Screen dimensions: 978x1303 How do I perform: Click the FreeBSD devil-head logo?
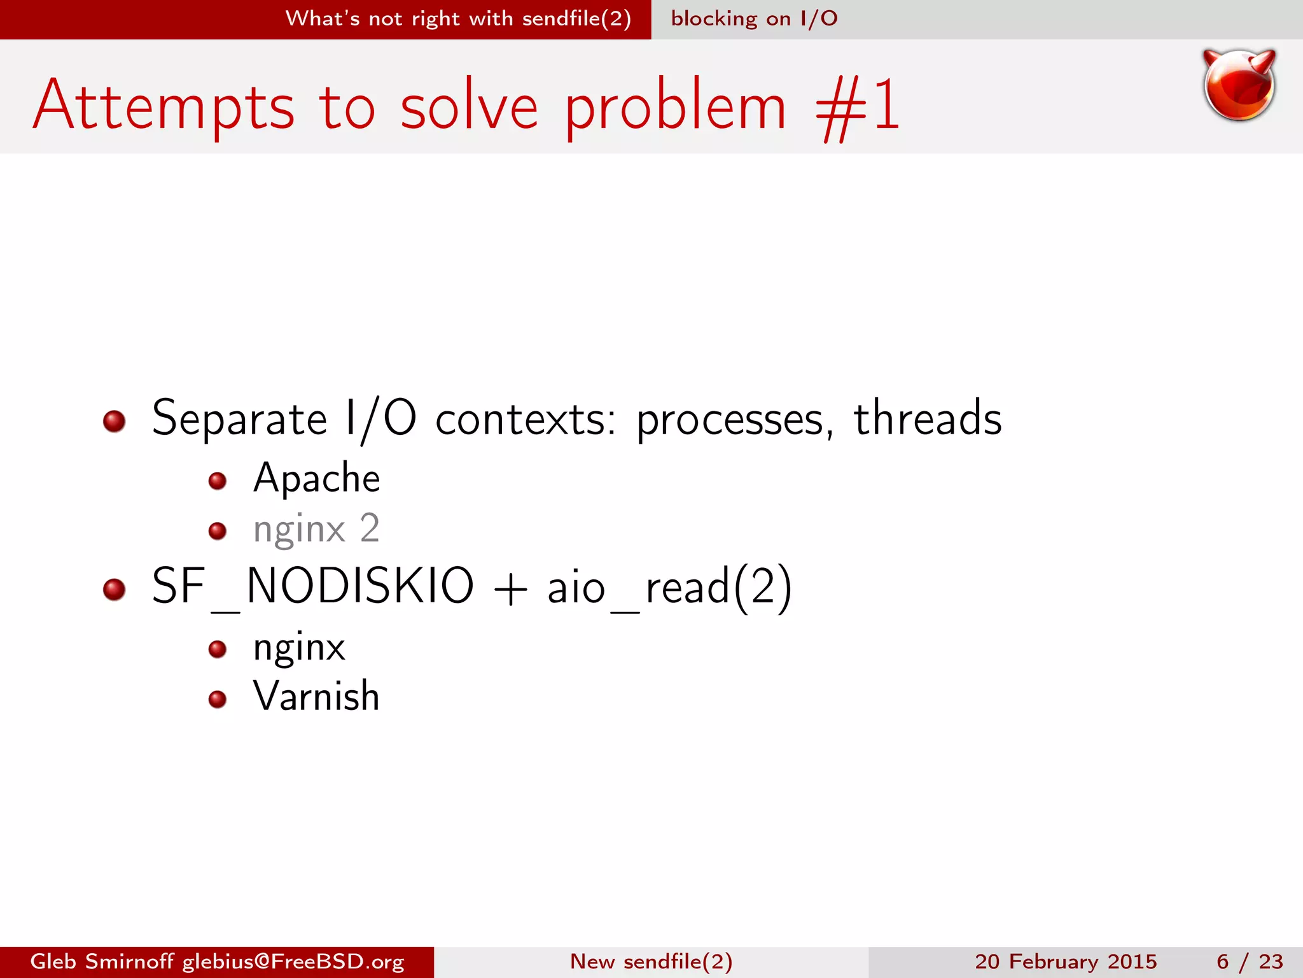click(x=1239, y=85)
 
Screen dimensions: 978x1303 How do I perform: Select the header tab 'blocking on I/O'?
click(x=754, y=19)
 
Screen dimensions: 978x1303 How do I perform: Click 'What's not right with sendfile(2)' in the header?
click(x=458, y=19)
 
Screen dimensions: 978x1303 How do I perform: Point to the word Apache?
click(x=316, y=478)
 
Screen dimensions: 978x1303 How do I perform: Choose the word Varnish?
click(x=316, y=696)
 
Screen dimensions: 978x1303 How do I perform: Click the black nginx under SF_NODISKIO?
click(x=299, y=648)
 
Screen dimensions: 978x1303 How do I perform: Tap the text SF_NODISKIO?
click(x=312, y=586)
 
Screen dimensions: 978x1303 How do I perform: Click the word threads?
click(x=927, y=419)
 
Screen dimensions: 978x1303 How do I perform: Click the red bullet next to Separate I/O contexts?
click(x=115, y=421)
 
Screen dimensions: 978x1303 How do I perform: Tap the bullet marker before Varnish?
click(x=218, y=699)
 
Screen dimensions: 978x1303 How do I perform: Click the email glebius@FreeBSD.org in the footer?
click(x=293, y=961)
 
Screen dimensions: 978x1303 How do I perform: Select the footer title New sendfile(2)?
click(x=651, y=961)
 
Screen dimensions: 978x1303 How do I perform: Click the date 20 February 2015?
click(x=1065, y=961)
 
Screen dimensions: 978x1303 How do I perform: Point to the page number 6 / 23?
click(x=1249, y=961)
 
